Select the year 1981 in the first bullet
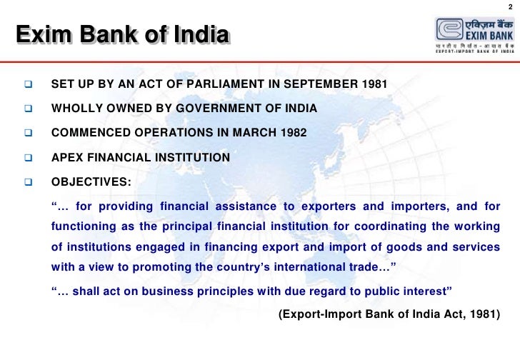374,85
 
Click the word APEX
67,157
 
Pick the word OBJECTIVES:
91,181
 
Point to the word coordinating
386,227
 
